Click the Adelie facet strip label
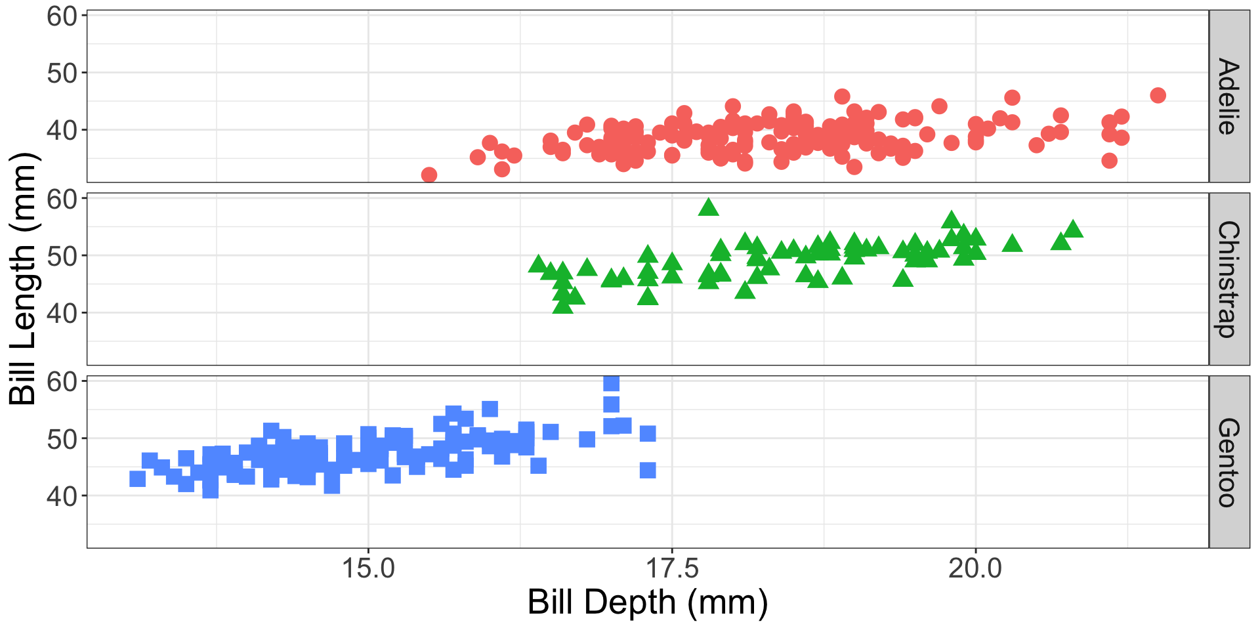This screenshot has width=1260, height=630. click(1228, 96)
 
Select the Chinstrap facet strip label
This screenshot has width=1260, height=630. click(1228, 279)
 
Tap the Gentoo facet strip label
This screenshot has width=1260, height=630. click(1228, 462)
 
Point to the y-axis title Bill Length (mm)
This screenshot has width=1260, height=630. click(24, 279)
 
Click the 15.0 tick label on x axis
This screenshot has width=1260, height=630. click(368, 568)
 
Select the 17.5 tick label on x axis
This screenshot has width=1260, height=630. click(672, 568)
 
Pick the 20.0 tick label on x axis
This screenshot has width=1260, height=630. click(975, 568)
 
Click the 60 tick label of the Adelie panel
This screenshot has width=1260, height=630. click(62, 16)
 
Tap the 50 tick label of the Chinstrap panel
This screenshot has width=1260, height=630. click(62, 256)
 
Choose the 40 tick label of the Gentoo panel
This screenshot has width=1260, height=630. click(62, 496)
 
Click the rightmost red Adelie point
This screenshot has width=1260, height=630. click(1158, 95)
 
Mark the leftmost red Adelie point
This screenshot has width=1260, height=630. click(429, 175)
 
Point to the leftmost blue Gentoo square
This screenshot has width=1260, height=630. click(137, 478)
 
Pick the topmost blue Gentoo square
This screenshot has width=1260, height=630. click(611, 383)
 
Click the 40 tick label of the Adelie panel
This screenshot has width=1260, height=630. click(62, 130)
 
